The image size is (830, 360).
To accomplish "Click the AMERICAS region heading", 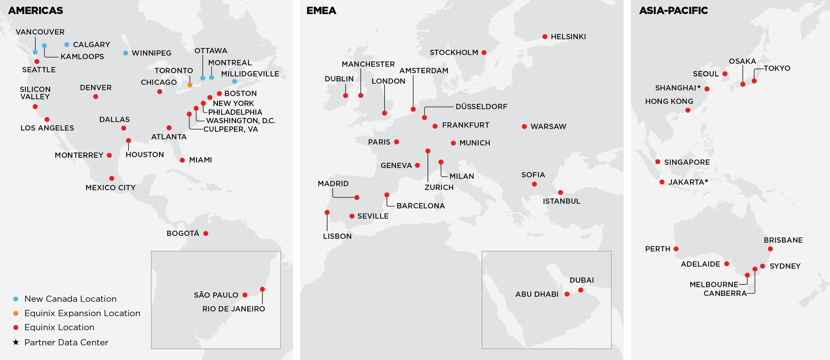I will click(35, 10).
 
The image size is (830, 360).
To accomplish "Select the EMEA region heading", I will click(321, 10).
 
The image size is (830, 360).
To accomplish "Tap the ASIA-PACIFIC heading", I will click(673, 10).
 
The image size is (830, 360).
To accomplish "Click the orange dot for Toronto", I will click(190, 85).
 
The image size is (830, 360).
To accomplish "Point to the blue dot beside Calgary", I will click(67, 45).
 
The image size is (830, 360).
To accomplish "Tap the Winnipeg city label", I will click(151, 53).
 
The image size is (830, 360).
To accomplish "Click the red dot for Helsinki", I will click(545, 37).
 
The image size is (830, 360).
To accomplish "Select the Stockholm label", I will click(453, 52).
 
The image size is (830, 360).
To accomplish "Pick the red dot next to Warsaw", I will click(524, 127).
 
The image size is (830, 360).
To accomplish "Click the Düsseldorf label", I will click(481, 106).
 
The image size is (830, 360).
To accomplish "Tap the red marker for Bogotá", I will click(206, 233).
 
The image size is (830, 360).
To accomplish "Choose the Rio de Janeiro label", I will click(233, 309).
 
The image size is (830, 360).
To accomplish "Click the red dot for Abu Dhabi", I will click(567, 294).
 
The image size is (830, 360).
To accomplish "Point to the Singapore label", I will click(687, 162).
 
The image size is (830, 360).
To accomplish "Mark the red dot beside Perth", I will click(676, 249).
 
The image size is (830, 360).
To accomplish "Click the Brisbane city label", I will click(783, 240).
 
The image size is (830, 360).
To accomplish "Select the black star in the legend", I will click(16, 342).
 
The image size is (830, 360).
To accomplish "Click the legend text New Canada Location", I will click(70, 299).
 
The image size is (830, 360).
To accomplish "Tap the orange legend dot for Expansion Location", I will click(16, 313).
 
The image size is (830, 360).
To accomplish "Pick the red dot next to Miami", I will click(182, 160).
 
